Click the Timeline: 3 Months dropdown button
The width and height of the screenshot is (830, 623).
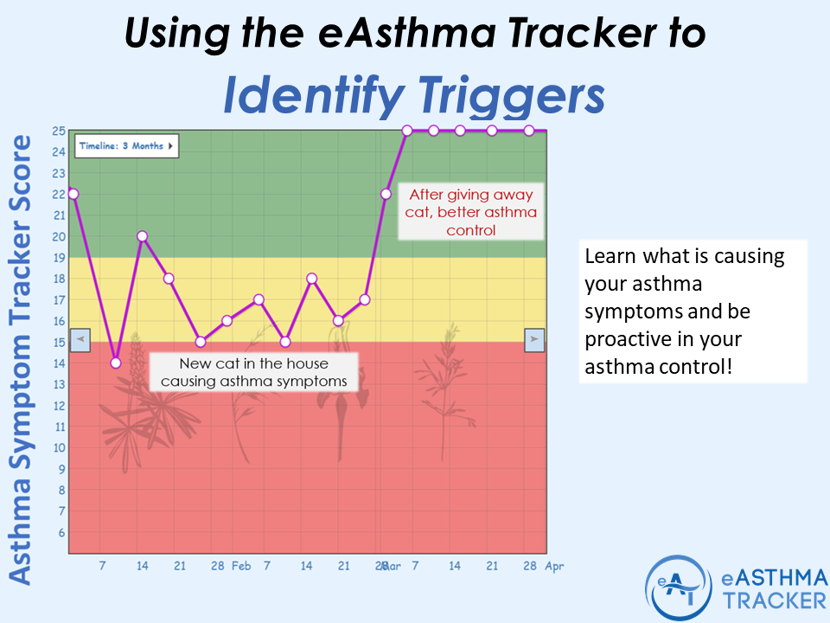pyautogui.click(x=126, y=146)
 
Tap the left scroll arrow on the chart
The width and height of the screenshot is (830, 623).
pyautogui.click(x=80, y=339)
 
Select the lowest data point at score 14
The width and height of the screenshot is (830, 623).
pyautogui.click(x=116, y=363)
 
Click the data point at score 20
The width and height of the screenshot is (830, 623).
pyautogui.click(x=142, y=236)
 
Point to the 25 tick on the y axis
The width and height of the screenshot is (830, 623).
pyautogui.click(x=59, y=131)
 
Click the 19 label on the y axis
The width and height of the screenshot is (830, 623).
pyautogui.click(x=59, y=257)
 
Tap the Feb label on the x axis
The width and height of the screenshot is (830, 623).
pyautogui.click(x=241, y=566)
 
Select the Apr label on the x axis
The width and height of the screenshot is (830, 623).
pyautogui.click(x=552, y=566)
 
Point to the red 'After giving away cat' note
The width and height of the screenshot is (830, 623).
pyautogui.click(x=470, y=212)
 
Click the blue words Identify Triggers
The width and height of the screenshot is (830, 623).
pyautogui.click(x=413, y=96)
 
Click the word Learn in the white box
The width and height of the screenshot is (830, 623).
pyautogui.click(x=608, y=257)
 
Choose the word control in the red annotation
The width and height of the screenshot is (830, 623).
pyautogui.click(x=470, y=230)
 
